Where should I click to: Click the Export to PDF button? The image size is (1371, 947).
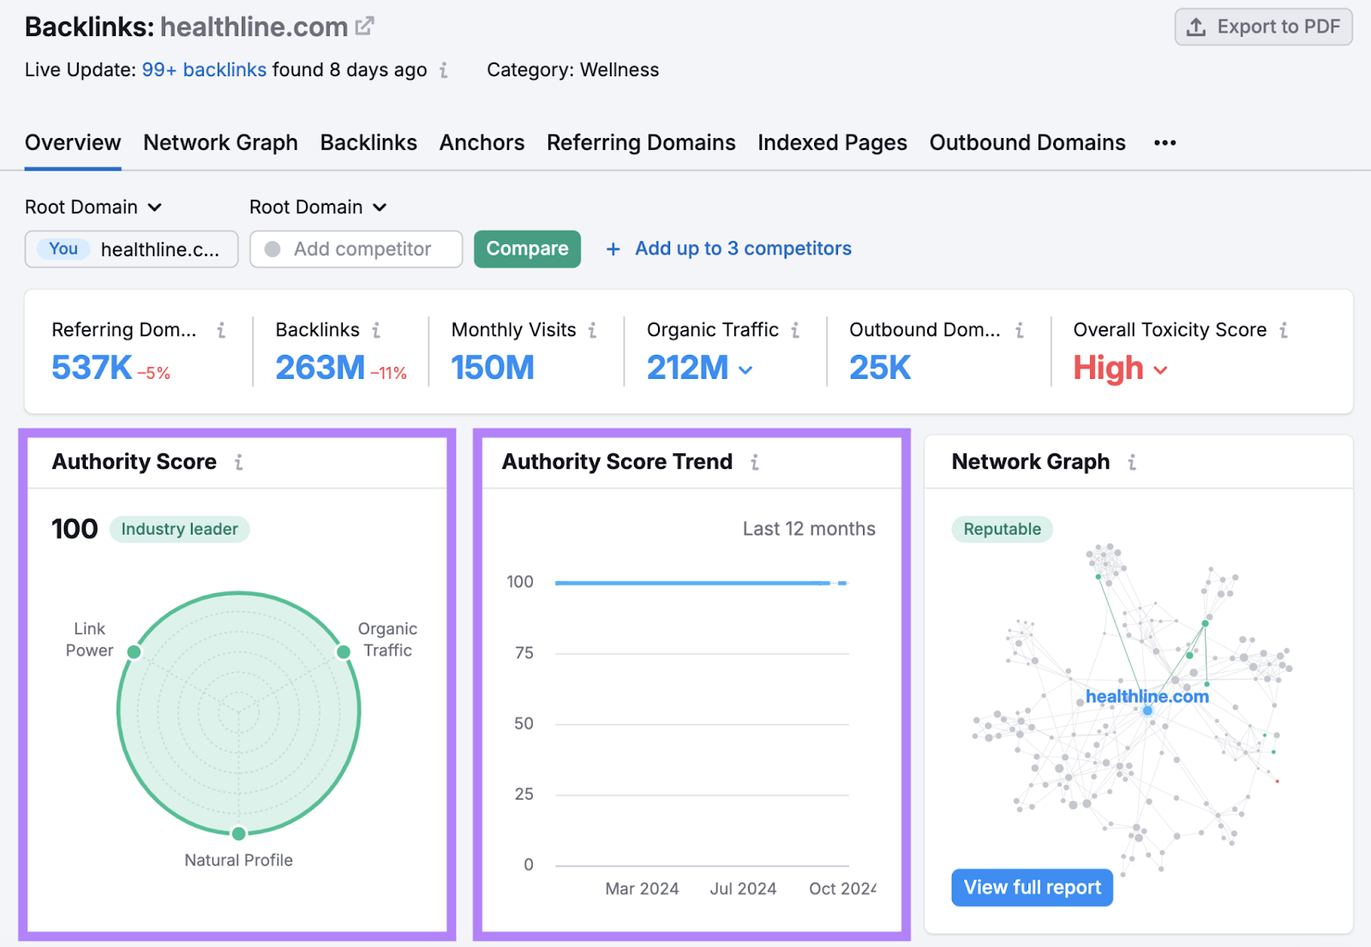1263,27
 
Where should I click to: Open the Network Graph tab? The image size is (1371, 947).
220,143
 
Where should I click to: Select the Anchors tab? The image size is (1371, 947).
482,143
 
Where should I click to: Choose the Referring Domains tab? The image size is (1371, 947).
641,143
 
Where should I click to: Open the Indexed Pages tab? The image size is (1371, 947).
832,143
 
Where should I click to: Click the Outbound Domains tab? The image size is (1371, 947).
1027,143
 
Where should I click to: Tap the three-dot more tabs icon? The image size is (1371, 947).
1164,143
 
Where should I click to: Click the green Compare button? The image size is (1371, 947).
527,249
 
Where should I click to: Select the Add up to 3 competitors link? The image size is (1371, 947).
742,249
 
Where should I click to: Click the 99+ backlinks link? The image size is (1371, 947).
204,70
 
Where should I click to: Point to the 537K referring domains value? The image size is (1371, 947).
92,369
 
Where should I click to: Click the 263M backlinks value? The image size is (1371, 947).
320,369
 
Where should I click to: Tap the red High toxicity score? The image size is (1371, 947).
1109,369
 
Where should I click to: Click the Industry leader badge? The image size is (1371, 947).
179,530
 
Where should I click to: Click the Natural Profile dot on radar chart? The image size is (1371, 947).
239,834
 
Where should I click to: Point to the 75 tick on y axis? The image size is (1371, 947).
524,653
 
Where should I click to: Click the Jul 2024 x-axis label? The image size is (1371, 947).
743,889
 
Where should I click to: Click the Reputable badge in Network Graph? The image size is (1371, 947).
1002,530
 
